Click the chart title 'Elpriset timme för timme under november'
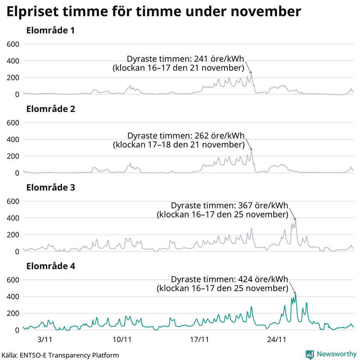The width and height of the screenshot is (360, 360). point(153,12)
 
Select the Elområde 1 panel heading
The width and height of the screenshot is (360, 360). point(50,31)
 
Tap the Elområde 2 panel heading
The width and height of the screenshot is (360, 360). point(50,109)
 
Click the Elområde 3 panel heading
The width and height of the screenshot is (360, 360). point(50,188)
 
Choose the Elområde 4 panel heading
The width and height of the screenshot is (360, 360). point(50,266)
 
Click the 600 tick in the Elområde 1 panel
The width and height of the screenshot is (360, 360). point(13,44)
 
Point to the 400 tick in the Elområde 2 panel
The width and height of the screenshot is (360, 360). point(13,139)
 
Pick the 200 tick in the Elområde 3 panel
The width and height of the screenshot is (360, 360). point(13,235)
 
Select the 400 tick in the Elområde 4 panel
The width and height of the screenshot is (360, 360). point(13,297)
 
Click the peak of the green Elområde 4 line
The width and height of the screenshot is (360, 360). point(296,295)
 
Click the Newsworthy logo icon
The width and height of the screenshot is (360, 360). point(310,354)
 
